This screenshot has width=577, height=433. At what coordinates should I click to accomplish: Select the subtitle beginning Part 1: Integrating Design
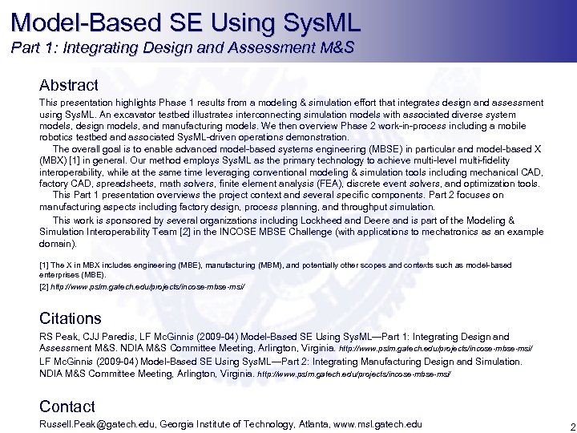pyautogui.click(x=183, y=48)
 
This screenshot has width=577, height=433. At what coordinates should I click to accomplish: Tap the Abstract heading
pyautogui.click(x=69, y=85)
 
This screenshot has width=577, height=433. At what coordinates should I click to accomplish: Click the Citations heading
pyautogui.click(x=71, y=318)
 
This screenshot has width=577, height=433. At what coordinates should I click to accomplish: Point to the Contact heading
pyautogui.click(x=67, y=407)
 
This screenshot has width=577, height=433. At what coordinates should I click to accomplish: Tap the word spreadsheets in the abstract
pyautogui.click(x=115, y=184)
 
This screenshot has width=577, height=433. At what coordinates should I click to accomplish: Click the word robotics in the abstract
pyautogui.click(x=57, y=137)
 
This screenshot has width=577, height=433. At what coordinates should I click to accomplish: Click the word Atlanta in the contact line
pyautogui.click(x=310, y=424)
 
